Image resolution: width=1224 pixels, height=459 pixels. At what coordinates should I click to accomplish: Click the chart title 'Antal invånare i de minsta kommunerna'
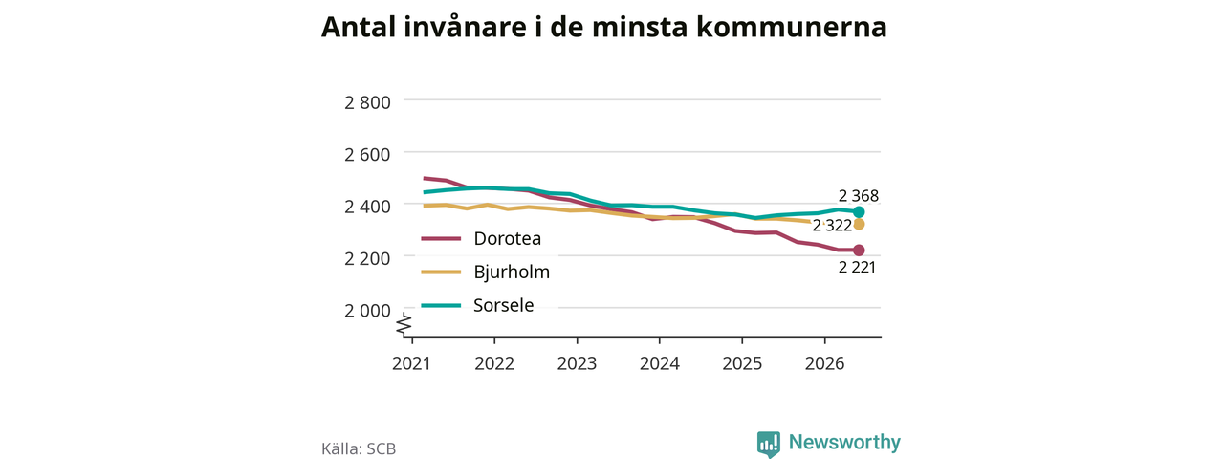[x=603, y=28]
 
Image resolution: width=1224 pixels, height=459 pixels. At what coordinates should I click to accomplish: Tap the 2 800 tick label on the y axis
[x=367, y=102]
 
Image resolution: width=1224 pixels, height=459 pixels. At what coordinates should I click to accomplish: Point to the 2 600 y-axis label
[x=367, y=154]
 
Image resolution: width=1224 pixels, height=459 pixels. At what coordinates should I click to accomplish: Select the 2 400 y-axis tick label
[x=367, y=207]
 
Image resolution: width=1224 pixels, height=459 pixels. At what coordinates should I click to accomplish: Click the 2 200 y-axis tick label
[x=367, y=258]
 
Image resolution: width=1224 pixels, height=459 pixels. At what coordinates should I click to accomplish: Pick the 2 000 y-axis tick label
[x=367, y=311]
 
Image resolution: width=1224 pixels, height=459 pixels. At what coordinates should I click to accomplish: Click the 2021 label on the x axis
[x=411, y=363]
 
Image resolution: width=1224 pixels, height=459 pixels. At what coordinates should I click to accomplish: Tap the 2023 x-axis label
[x=577, y=363]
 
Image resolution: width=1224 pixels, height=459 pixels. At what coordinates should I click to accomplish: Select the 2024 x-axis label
[x=660, y=363]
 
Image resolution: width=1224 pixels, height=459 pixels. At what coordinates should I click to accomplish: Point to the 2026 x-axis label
[x=824, y=363]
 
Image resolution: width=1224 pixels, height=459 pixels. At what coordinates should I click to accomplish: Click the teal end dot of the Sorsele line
[x=859, y=212]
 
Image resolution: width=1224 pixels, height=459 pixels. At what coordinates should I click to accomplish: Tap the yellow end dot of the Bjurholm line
[x=859, y=224]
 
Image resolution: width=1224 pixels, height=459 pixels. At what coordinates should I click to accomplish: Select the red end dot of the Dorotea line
[x=859, y=251]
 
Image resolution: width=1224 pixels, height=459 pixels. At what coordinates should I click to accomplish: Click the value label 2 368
[x=859, y=196]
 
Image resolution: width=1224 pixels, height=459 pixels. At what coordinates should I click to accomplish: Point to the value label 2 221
[x=857, y=267]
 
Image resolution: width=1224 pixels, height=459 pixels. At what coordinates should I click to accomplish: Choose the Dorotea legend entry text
[x=507, y=238]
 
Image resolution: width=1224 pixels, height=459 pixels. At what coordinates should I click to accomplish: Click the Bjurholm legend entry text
[x=512, y=272]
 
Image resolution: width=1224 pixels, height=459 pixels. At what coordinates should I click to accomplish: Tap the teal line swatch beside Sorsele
[x=441, y=305]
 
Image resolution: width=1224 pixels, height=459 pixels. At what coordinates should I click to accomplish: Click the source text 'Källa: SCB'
[x=359, y=448]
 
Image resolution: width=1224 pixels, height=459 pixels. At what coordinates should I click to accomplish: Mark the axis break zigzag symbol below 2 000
[x=404, y=324]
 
